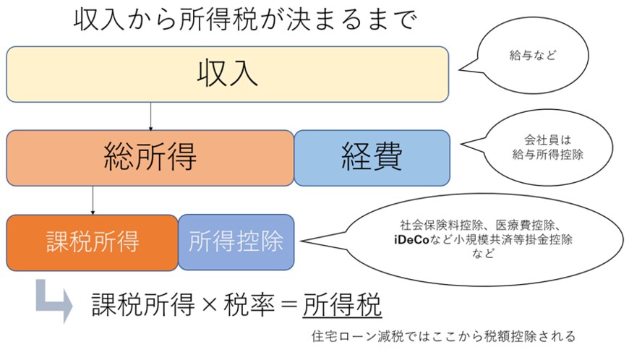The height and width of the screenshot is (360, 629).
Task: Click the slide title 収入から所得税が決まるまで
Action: coord(246,20)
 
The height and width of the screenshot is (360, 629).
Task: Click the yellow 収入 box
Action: coord(227,74)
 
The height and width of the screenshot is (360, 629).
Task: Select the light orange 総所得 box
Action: coord(150,158)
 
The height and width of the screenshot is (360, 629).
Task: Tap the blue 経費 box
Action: coord(372,158)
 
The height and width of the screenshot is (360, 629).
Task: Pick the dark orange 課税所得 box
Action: coord(92,241)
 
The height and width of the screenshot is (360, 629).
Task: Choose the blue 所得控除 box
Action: coord(236,241)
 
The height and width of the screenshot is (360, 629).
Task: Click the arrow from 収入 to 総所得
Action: coord(150,116)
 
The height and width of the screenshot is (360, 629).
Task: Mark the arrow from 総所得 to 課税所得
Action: coord(93,200)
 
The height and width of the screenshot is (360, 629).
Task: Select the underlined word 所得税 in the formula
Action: coord(342,306)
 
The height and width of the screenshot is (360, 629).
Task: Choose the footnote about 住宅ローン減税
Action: coord(443,336)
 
